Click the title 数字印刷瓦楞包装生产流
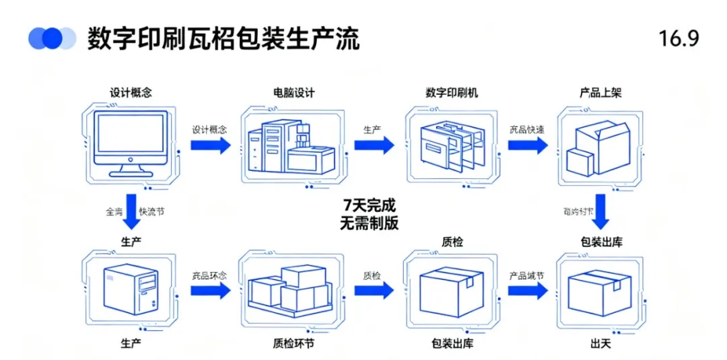point(223,39)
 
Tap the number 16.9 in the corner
point(679,39)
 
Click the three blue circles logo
point(53,38)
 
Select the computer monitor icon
point(131,144)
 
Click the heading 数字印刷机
point(452,93)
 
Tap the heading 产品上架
point(600,93)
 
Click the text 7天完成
point(369,205)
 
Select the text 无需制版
point(369,223)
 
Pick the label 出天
point(600,344)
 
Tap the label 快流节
point(151,211)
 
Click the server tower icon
point(131,289)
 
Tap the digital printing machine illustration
point(452,147)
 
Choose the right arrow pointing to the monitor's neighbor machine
point(210,145)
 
